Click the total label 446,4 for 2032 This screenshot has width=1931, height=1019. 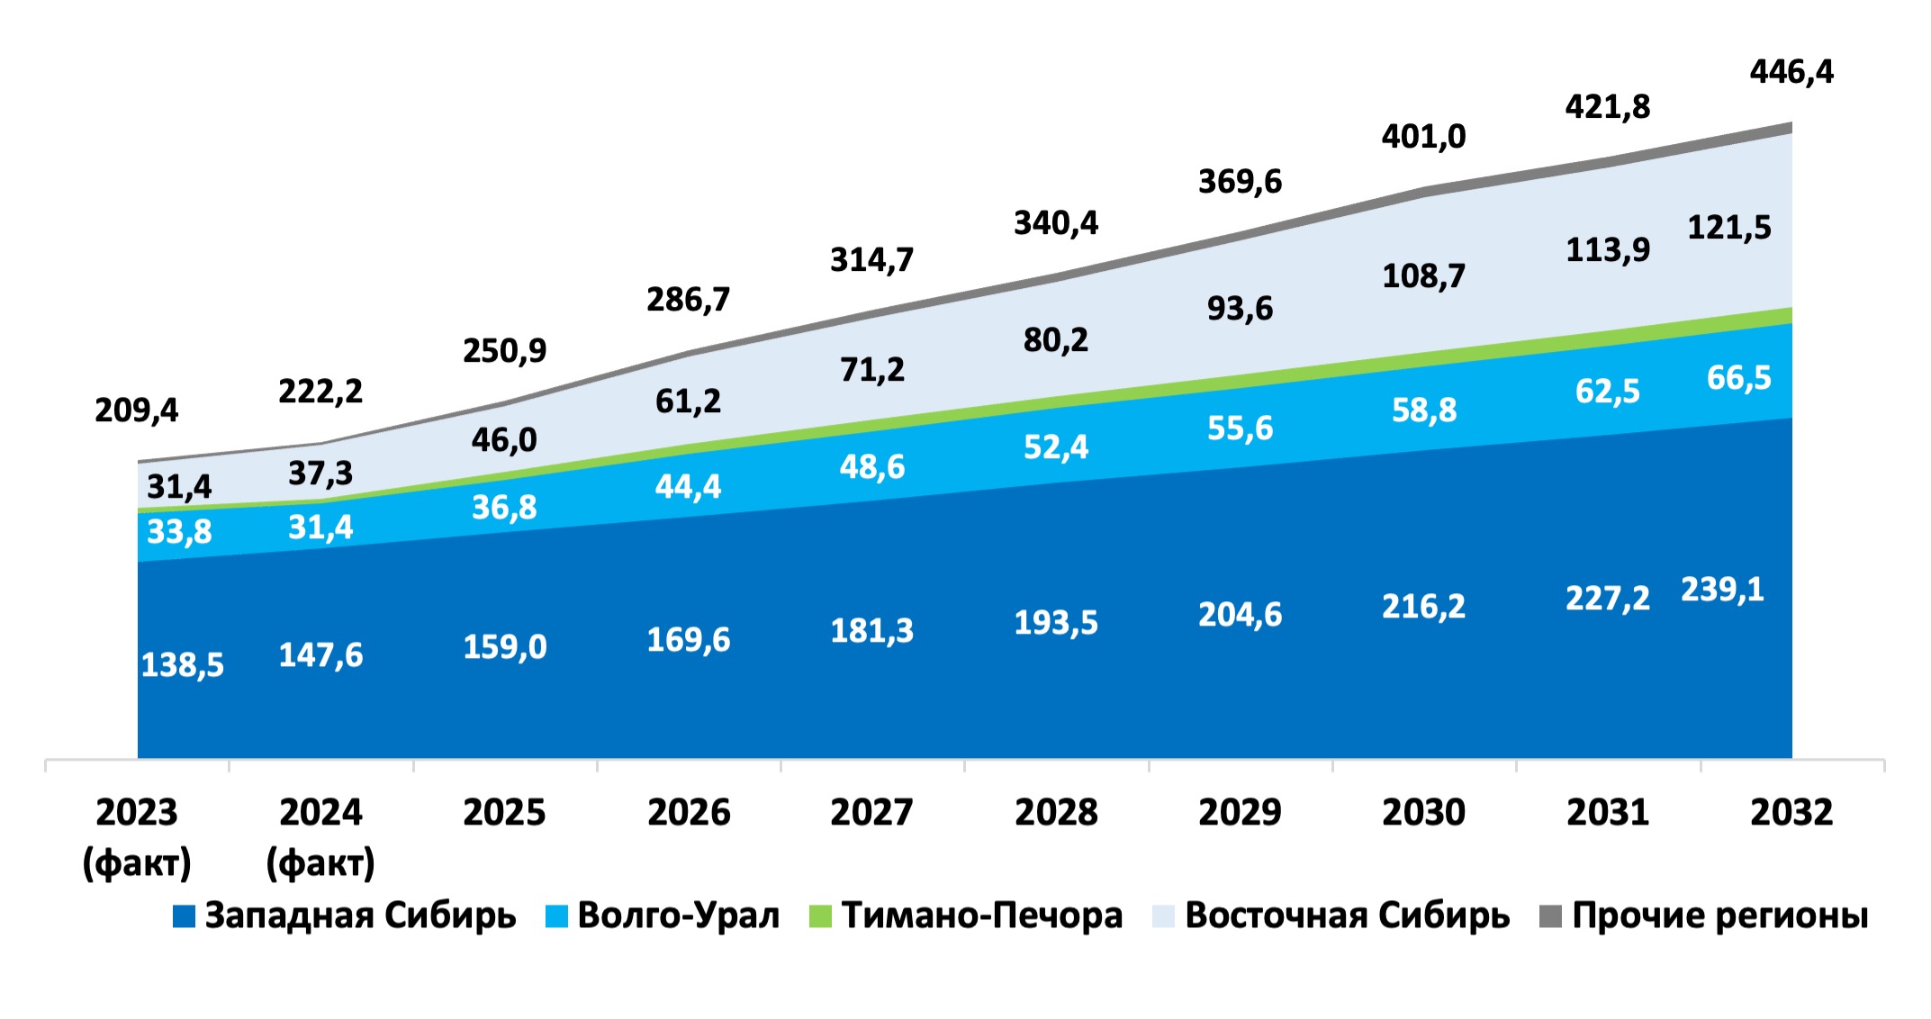coord(1791,72)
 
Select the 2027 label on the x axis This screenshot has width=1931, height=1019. coord(871,813)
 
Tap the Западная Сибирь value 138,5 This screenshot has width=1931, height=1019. coord(183,665)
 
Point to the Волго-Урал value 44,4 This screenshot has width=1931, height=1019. coord(688,487)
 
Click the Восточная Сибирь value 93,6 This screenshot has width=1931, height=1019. coord(1240,309)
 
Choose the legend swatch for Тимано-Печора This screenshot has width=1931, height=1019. coord(820,916)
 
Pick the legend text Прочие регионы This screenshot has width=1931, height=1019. coord(1719,915)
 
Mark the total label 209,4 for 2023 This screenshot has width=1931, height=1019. coord(137,410)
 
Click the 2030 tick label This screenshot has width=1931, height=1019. coord(1423,813)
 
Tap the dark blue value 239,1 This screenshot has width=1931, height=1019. coord(1722,590)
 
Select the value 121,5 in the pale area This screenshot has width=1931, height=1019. coord(1728,228)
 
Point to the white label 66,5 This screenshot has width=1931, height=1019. coord(1738,378)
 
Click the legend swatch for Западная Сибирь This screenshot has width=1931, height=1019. coord(184,916)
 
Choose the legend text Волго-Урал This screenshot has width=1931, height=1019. coord(678,915)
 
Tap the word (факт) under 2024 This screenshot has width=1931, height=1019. coord(320,862)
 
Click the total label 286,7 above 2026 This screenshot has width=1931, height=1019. coord(688,300)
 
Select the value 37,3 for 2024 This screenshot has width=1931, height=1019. coord(320,473)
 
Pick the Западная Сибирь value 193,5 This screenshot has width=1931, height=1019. coord(1056,623)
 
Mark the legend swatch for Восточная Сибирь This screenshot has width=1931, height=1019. coord(1163,916)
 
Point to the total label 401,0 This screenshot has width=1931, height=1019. coord(1423,137)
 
